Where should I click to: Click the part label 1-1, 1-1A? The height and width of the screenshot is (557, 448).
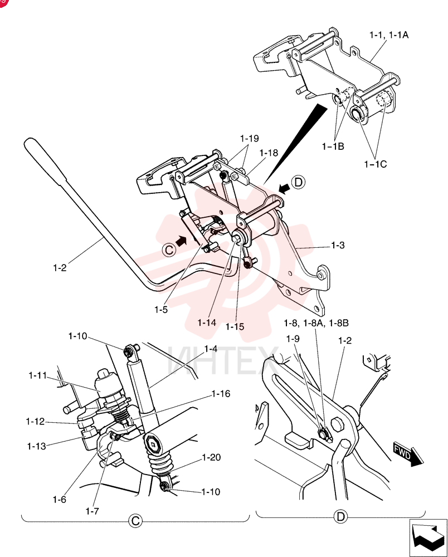click(389, 35)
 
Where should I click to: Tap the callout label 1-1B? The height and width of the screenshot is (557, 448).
click(333, 146)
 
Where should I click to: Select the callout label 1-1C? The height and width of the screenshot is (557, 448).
click(375, 164)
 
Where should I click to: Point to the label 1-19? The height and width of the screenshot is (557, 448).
click(250, 138)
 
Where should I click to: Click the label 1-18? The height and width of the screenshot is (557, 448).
click(269, 153)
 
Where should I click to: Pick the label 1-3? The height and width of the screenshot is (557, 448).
click(338, 245)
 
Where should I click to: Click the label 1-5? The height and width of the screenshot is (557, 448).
click(161, 309)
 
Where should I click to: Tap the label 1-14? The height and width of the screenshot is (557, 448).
click(207, 323)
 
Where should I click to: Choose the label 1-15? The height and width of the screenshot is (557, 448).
click(235, 326)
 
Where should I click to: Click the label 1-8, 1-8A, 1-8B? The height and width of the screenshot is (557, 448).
click(316, 323)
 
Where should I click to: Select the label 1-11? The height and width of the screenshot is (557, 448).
click(38, 375)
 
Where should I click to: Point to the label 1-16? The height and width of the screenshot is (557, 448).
click(221, 394)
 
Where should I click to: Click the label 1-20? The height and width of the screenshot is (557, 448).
click(211, 457)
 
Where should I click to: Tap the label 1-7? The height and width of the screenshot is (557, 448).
click(92, 511)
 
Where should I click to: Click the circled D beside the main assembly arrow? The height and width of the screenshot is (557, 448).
click(298, 182)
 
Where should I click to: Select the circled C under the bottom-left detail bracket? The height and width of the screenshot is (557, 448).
click(135, 521)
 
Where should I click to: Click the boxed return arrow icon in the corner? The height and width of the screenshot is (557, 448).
click(428, 538)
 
